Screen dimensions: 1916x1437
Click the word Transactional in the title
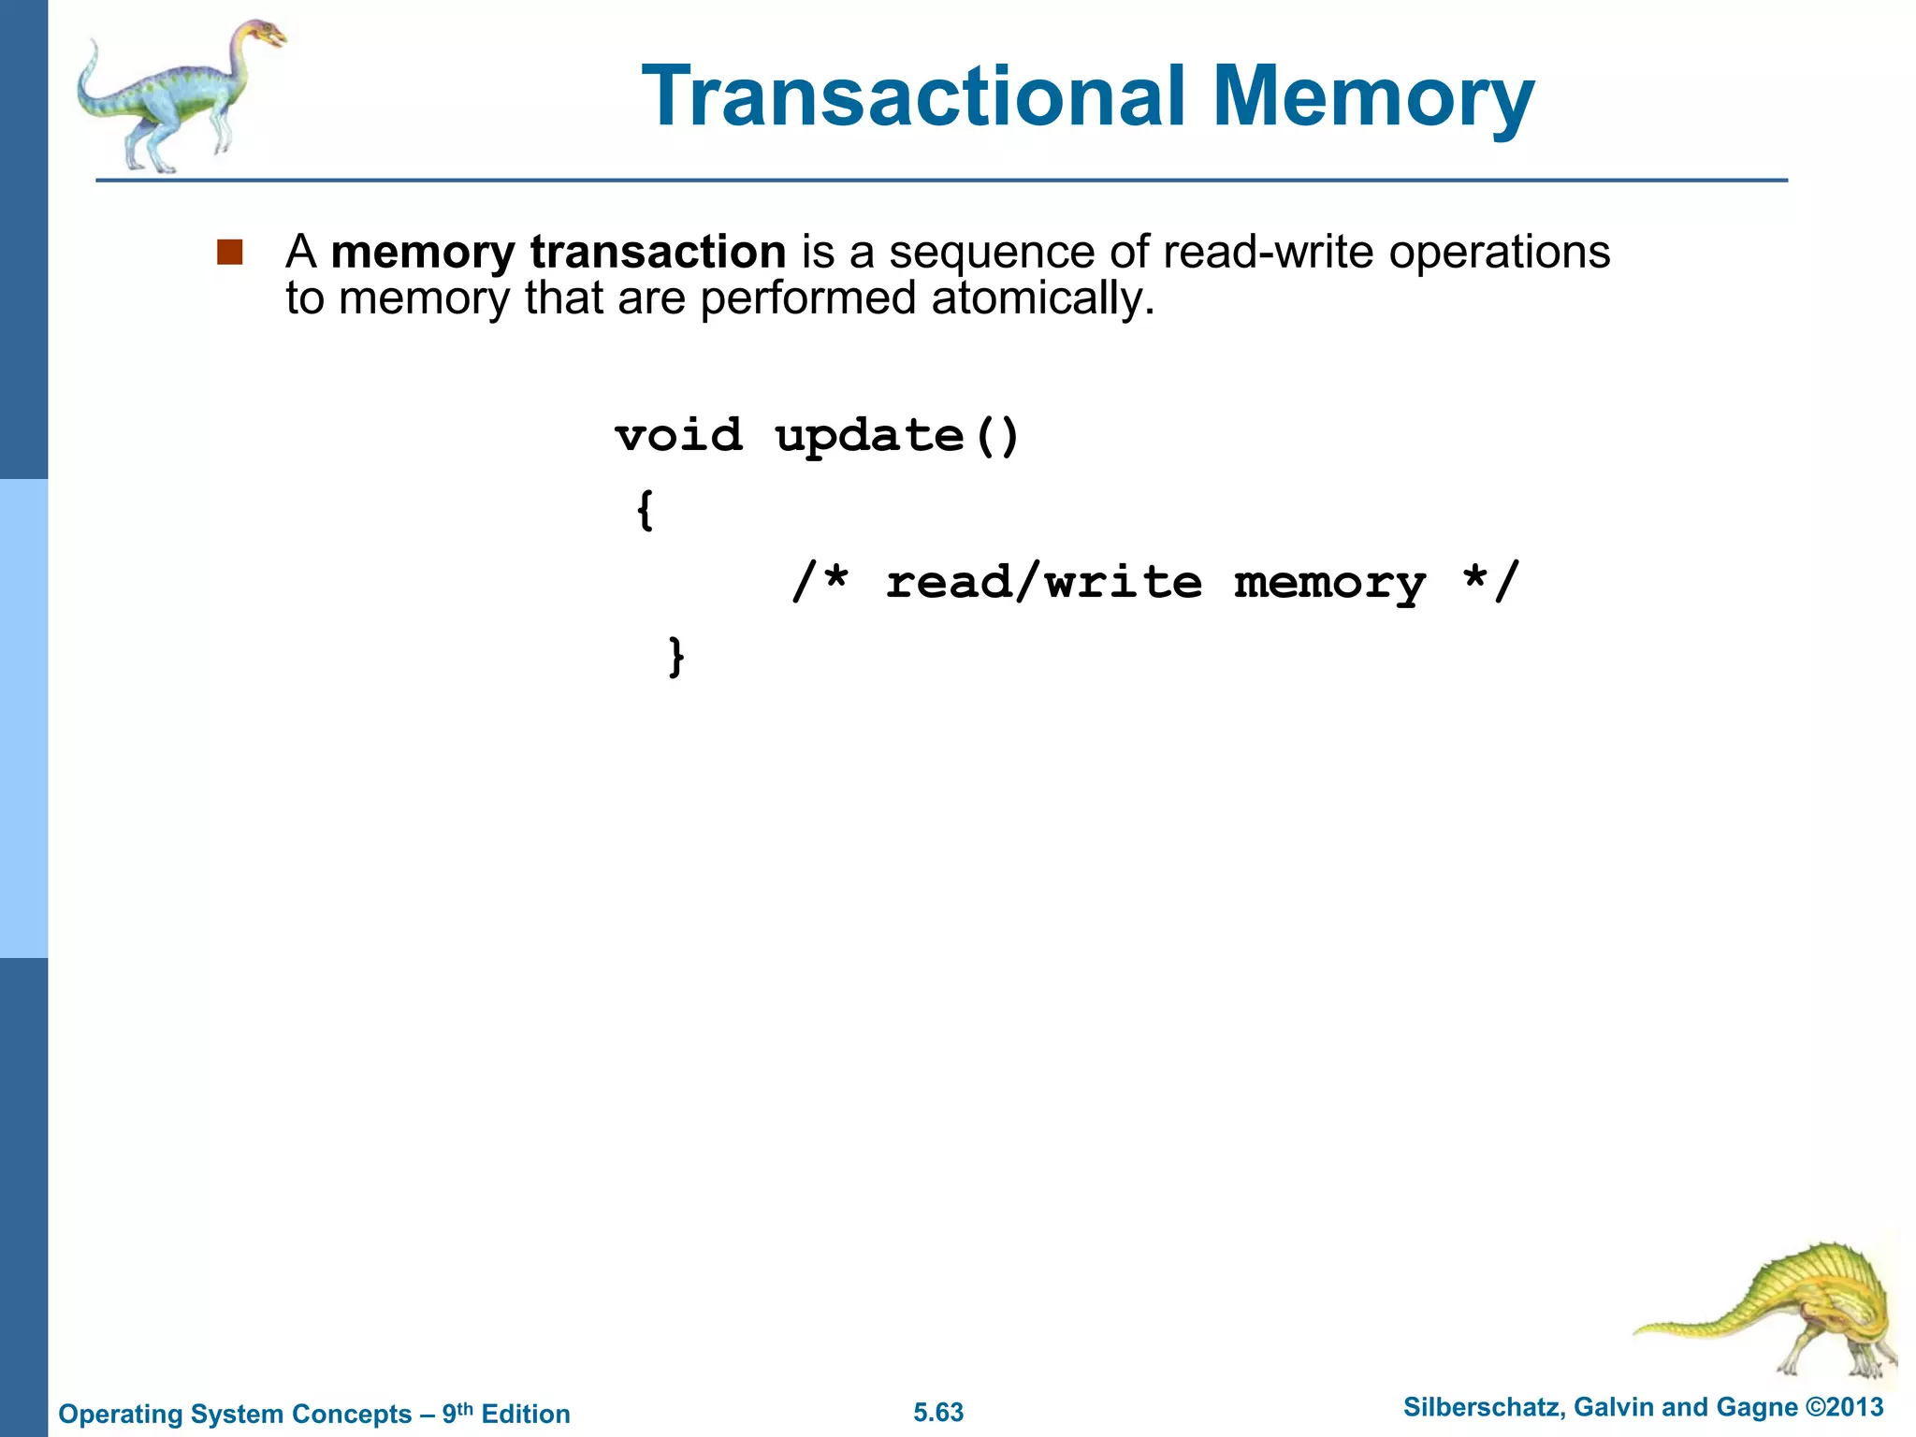point(913,96)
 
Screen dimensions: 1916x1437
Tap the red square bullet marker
point(229,252)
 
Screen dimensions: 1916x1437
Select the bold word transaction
point(657,252)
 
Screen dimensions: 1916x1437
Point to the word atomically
point(1042,298)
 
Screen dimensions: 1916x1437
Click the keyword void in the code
point(679,435)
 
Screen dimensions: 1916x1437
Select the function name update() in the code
point(897,437)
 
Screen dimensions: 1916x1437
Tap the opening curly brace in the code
point(645,510)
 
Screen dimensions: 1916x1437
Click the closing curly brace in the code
point(676,656)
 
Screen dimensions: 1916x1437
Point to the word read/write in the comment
point(1043,582)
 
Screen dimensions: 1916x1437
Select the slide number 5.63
point(938,1412)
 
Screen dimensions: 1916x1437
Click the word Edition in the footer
point(525,1414)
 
